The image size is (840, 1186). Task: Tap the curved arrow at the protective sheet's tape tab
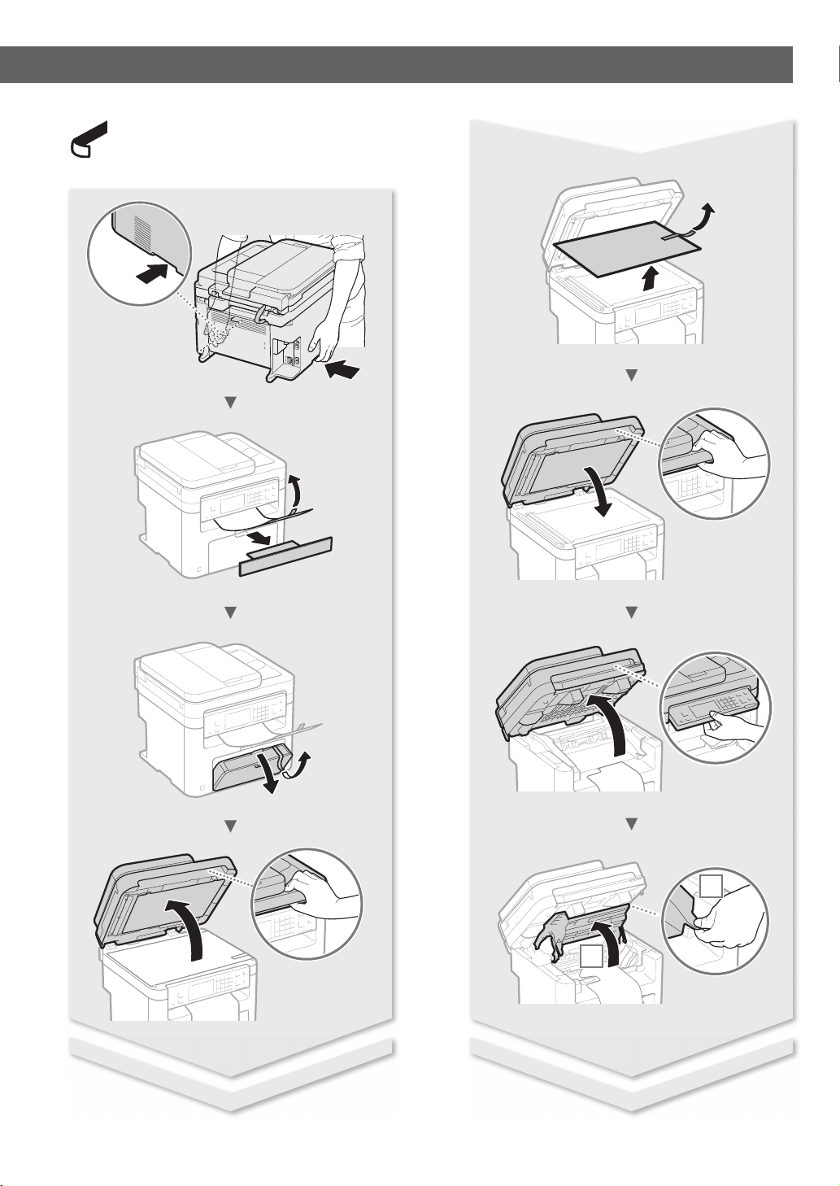(706, 220)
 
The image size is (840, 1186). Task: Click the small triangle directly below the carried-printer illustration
(230, 401)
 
